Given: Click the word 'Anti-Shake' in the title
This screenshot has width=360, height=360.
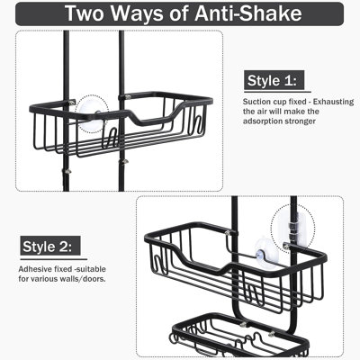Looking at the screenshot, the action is tap(247, 13).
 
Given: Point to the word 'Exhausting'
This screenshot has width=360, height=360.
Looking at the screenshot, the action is tap(334, 102).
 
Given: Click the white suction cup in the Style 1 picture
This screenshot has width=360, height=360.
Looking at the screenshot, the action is tap(91, 112).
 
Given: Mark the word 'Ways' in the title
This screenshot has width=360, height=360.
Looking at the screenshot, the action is tap(142, 13).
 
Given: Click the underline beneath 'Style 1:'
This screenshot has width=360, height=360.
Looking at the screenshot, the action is tap(277, 92).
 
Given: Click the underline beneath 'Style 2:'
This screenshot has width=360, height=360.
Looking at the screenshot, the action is tap(54, 259).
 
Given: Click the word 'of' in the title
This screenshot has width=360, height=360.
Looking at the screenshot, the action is tap(183, 13).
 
